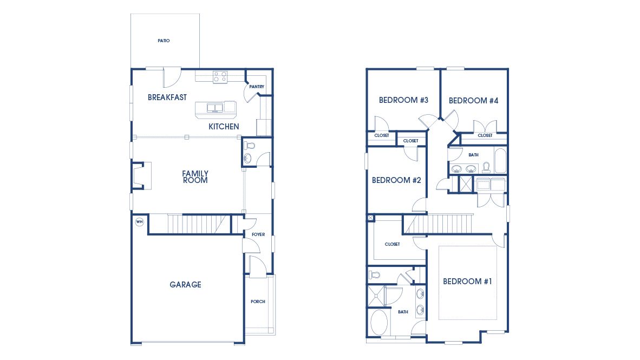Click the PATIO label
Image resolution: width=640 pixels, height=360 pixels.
click(x=164, y=41)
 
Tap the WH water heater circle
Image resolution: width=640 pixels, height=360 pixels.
click(x=139, y=221)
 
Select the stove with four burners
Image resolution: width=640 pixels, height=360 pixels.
click(x=220, y=77)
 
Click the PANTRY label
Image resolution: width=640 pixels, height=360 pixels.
click(x=257, y=87)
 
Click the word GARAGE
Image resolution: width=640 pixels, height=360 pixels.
click(x=185, y=284)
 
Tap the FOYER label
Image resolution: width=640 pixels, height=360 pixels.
click(x=258, y=234)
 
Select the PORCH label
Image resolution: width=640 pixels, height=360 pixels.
click(x=258, y=302)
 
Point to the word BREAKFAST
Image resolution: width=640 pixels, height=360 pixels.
click(x=167, y=97)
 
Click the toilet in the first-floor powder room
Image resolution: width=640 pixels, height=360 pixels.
click(x=250, y=146)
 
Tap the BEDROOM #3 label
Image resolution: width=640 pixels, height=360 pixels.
click(x=403, y=100)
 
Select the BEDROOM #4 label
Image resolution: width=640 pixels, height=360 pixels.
click(x=473, y=101)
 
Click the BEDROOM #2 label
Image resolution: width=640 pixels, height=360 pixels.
click(x=396, y=180)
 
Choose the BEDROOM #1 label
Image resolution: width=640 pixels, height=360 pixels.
click(x=467, y=282)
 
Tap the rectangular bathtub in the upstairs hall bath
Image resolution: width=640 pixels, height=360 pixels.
click(x=499, y=161)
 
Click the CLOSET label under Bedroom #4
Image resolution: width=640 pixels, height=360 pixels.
click(x=485, y=135)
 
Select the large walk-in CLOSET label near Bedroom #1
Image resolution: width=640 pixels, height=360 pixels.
click(x=392, y=244)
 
